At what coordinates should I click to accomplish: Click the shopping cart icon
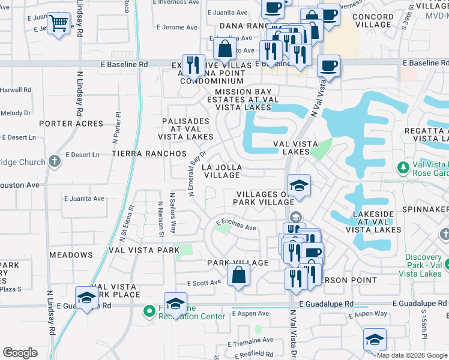[58, 24]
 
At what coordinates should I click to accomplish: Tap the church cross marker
[54, 161]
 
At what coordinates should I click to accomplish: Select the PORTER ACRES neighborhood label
[71, 124]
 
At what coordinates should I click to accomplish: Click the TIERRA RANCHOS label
[149, 154]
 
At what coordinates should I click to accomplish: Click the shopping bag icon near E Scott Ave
[238, 275]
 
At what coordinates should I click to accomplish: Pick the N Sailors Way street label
[173, 212]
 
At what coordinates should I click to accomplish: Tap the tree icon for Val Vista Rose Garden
[403, 166]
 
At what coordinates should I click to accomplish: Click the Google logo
[20, 353]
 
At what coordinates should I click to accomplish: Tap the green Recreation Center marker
[149, 311]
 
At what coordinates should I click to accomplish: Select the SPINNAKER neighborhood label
[427, 209]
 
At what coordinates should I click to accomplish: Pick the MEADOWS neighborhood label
[71, 255]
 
